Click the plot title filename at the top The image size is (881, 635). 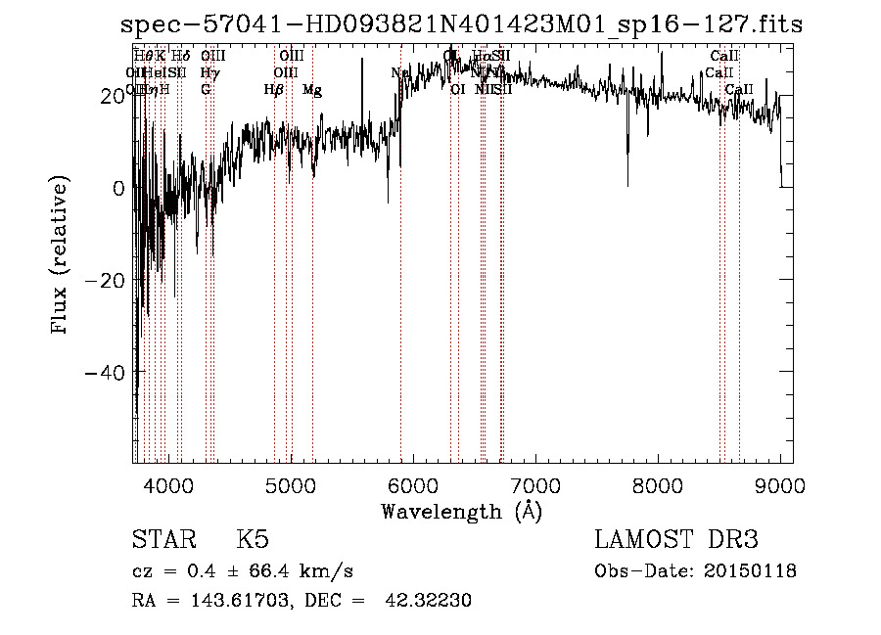[x=460, y=25]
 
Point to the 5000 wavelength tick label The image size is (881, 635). [x=291, y=485]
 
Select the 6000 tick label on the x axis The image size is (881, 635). [x=413, y=485]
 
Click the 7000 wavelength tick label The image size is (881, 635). [x=535, y=485]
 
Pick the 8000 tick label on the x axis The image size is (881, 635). [x=658, y=485]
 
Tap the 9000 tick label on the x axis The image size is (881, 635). [x=780, y=485]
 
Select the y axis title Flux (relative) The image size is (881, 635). [x=61, y=256]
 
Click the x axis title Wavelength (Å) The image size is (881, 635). [x=462, y=511]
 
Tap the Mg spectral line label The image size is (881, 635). [x=312, y=90]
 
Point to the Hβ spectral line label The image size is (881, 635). [x=274, y=90]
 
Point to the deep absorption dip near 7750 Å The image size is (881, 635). [x=627, y=176]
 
